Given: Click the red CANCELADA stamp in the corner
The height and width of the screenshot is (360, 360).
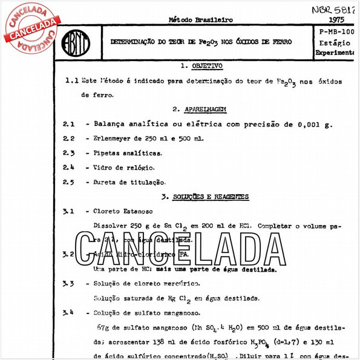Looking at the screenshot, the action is tap(31, 27).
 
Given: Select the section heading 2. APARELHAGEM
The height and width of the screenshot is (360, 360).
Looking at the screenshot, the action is tap(199, 109).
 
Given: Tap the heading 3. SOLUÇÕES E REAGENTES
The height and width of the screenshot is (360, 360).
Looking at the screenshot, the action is tap(205, 197).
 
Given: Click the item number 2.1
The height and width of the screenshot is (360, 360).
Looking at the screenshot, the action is tap(69, 123).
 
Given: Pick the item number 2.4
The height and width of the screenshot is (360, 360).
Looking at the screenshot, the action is tap(69, 167).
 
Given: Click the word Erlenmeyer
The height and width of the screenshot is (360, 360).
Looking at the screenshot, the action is tap(114, 138).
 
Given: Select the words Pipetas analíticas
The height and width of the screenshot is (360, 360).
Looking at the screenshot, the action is tap(128, 152).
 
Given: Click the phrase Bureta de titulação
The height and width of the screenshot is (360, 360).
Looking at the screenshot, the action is tap(129, 182).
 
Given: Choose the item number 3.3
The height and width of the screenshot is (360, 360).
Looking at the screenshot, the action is tap(68, 283).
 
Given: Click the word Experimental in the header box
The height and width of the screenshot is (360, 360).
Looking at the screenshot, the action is tap(336, 53).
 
